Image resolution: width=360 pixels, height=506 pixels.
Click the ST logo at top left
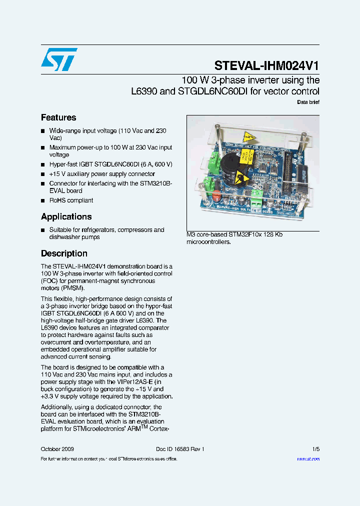coord(59,59)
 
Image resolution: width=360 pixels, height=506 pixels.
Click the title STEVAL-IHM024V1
coord(266,65)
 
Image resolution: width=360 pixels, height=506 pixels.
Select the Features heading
coord(58,117)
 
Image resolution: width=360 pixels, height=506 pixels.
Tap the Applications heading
coord(66,216)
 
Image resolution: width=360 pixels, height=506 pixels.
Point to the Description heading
coord(64,253)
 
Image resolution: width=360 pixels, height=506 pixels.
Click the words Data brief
coord(308,102)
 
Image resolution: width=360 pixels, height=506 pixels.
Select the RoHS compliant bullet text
coord(71,200)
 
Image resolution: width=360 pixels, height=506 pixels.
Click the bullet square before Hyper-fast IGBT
coord(43,164)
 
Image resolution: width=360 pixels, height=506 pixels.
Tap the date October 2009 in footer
coord(57,449)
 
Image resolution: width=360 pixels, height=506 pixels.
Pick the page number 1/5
coord(316,449)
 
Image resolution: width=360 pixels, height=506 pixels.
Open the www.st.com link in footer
coord(308,458)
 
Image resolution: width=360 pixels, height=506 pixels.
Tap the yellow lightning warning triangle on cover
coord(248,137)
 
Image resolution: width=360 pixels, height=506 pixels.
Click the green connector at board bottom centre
coord(257,195)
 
